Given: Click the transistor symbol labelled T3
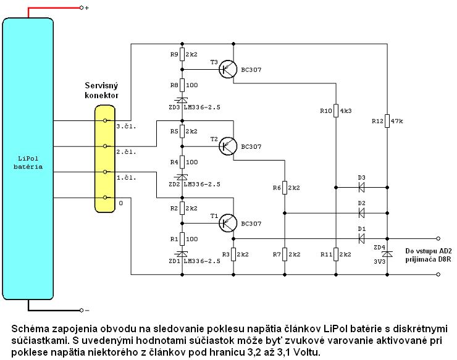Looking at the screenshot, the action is (228, 69).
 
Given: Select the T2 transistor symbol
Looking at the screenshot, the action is (228, 146).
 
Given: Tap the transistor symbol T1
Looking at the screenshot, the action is (228, 224).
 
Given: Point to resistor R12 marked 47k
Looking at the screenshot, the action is (387, 121).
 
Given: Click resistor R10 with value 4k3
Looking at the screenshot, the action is (336, 111).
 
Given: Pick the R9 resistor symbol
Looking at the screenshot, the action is (182, 54).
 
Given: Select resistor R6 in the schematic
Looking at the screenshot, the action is (285, 188).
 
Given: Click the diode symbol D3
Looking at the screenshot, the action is (361, 188).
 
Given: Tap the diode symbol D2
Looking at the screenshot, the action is (361, 213).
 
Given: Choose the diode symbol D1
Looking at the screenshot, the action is (361, 239).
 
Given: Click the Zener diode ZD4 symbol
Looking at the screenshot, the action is (387, 254).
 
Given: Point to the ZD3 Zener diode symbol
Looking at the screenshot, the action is (182, 100).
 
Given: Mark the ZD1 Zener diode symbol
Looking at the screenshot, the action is (182, 254).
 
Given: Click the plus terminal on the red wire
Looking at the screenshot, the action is (82, 8).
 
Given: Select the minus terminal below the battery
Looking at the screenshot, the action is (82, 310).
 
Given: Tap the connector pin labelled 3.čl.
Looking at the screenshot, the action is (105, 120).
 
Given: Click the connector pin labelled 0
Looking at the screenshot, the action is (105, 198).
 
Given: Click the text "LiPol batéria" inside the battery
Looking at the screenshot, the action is (28, 162).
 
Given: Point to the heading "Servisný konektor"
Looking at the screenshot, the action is (101, 90).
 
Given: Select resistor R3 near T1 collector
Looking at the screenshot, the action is (233, 254).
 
